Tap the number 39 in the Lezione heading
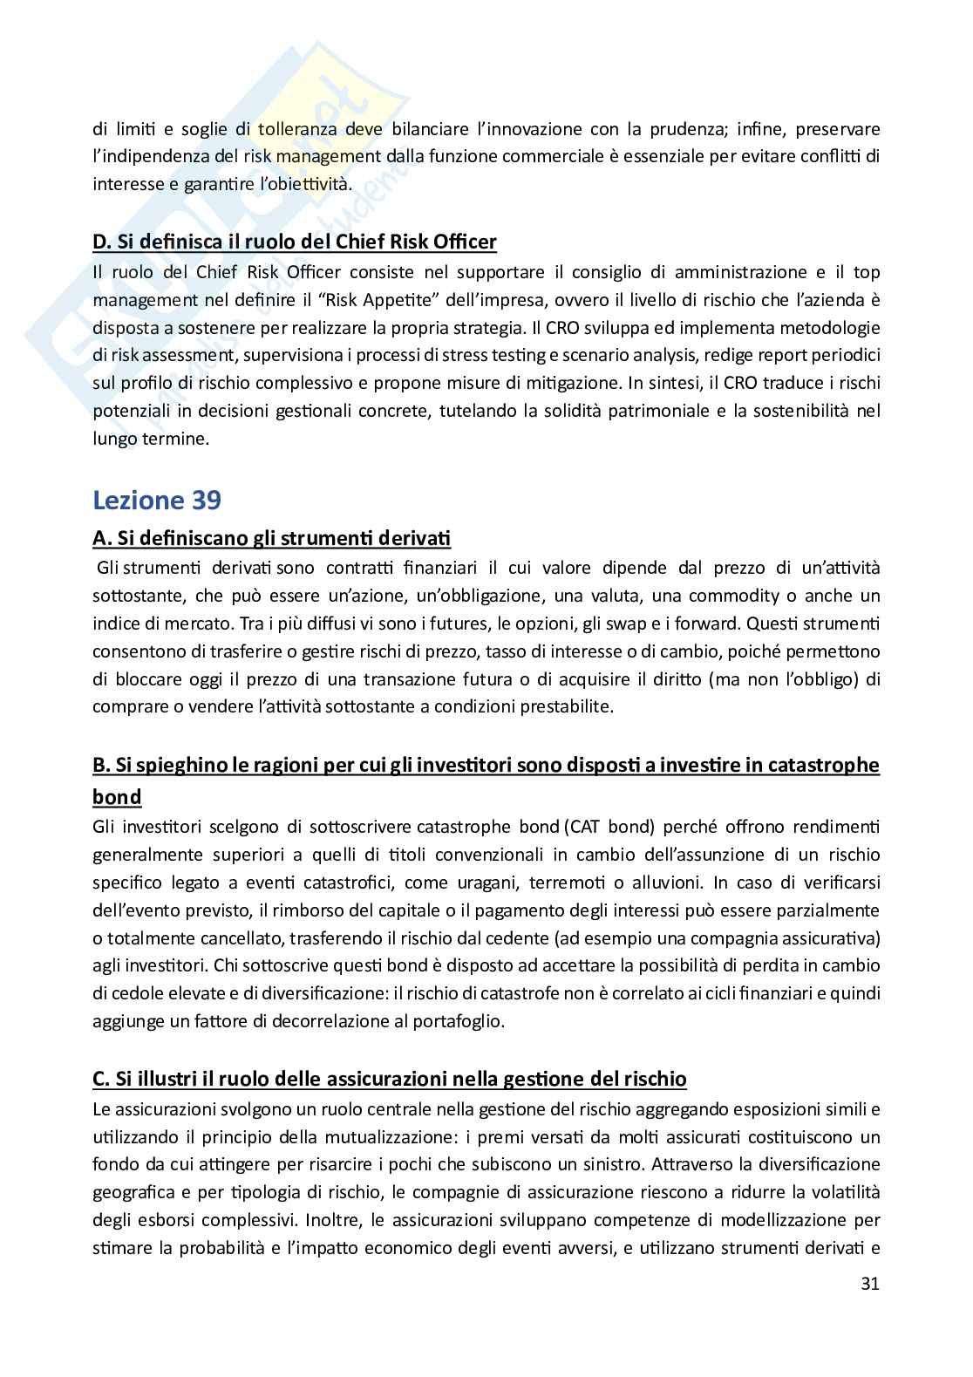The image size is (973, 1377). click(204, 501)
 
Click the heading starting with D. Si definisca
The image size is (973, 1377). click(295, 242)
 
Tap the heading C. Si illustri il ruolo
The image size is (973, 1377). click(389, 1079)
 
